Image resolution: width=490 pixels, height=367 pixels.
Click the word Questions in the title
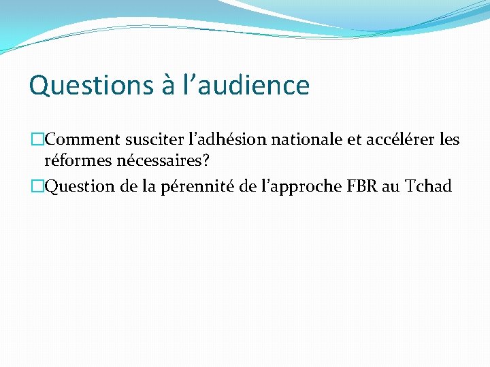82,86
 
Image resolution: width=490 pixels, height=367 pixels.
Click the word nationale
305,141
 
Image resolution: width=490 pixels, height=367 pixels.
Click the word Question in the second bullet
79,186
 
